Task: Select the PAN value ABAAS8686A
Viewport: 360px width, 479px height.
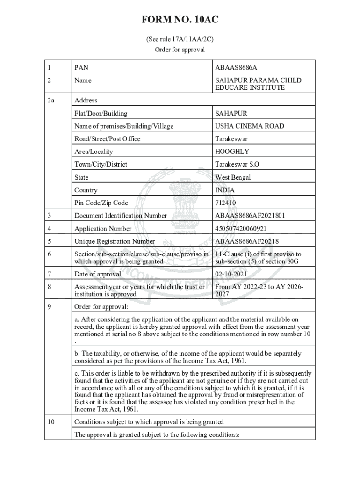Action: (236, 67)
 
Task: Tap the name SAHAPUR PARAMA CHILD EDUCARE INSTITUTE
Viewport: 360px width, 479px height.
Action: (258, 84)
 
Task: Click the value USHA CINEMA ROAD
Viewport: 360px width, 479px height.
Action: (249, 126)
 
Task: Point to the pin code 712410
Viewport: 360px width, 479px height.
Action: (226, 203)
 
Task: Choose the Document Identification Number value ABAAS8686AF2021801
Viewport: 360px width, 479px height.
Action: (250, 216)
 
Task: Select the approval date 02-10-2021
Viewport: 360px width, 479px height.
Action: (231, 274)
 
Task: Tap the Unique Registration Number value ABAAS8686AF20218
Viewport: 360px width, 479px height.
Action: (247, 241)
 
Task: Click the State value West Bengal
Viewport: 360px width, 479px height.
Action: (233, 177)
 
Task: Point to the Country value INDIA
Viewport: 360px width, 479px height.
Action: (225, 190)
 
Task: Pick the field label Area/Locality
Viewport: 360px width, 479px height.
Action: (94, 152)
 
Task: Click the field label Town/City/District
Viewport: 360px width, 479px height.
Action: (101, 164)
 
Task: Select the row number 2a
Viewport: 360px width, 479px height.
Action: (51, 100)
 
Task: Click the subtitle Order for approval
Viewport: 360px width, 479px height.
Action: (180, 50)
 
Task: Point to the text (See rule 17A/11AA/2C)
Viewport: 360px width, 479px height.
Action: (180, 40)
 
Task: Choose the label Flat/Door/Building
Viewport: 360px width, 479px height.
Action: (101, 113)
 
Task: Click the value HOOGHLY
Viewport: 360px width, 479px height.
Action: (232, 152)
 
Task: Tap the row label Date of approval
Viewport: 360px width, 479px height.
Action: (98, 274)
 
